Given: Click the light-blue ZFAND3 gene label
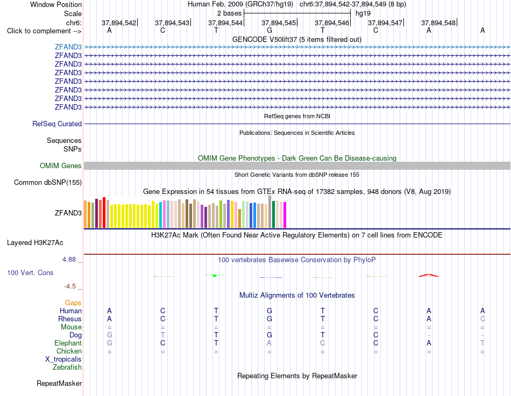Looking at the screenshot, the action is coord(68,47).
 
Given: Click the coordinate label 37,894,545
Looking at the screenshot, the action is coord(279,23).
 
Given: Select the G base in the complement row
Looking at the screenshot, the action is coord(269,30).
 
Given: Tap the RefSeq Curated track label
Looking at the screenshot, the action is coord(57,124).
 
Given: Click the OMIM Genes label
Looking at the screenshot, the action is coord(60,165).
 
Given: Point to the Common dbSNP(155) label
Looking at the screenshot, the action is coord(48,182).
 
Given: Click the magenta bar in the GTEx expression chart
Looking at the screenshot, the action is coord(285,215).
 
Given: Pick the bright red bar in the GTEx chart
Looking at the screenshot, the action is coord(104,212).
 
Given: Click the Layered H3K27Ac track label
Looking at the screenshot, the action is coord(35,243).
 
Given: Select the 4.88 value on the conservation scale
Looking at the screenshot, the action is coord(69,260).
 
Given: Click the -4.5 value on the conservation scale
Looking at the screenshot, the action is coord(70,286).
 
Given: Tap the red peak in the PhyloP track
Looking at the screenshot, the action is coord(429,275).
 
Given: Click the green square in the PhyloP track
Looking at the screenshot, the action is coord(215,276).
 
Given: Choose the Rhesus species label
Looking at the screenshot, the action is coord(70,319).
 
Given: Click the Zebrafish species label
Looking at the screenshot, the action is coord(67,368).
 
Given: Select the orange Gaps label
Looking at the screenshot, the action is coord(73,303).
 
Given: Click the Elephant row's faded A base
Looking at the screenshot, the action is coord(269,343).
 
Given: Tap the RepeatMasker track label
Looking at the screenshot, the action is coord(59,383).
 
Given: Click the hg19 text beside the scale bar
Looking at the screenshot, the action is coord(363,13).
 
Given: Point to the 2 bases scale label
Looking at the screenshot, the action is coord(230,13).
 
